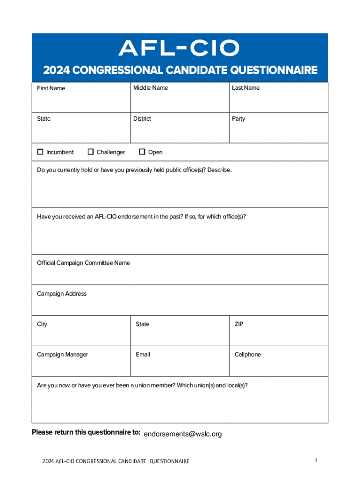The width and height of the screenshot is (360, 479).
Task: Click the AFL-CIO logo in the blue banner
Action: [x=180, y=48]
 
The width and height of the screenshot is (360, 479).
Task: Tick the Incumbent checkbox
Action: [x=40, y=152]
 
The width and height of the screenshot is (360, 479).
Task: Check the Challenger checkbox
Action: [x=91, y=152]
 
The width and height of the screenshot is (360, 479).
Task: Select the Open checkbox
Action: [x=142, y=152]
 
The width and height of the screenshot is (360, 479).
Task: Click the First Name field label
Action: [x=51, y=88]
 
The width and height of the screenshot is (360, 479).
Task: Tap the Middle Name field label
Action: [x=150, y=88]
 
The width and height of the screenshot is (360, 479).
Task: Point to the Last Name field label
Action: [x=245, y=88]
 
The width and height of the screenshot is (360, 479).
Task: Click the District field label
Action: [x=142, y=119]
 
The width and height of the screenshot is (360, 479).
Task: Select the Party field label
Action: [x=238, y=119]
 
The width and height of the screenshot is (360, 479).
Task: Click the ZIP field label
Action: [x=240, y=324]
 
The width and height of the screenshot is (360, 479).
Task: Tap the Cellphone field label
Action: [x=248, y=355]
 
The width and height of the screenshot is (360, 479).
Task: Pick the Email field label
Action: [x=143, y=355]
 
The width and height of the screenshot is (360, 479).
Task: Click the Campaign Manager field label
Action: [x=62, y=355]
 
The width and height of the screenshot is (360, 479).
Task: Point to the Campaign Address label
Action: [x=62, y=294]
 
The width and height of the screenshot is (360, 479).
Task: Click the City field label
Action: [x=42, y=324]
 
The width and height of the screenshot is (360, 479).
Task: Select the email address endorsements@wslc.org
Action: [x=183, y=434]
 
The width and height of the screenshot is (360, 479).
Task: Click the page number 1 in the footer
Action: [x=316, y=461]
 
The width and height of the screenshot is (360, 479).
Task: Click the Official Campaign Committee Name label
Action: [x=83, y=263]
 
